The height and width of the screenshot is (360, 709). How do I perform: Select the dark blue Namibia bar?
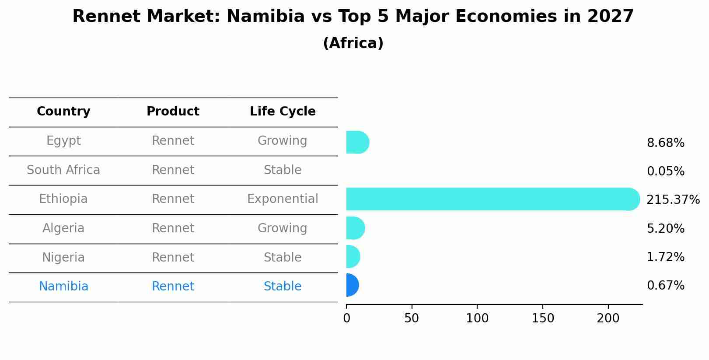click(352, 285)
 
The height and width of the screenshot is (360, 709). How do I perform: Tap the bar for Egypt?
click(357, 142)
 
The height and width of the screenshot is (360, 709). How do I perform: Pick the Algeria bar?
click(355, 228)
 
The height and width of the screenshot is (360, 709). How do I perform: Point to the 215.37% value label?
click(673, 200)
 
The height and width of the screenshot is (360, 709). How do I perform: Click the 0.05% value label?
click(665, 171)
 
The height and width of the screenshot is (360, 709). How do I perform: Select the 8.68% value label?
click(665, 143)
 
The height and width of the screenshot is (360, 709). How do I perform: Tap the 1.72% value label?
click(665, 257)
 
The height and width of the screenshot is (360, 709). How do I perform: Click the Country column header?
click(63, 112)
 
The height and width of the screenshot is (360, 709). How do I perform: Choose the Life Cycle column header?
click(283, 112)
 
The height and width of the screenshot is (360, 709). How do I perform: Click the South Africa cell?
click(63, 170)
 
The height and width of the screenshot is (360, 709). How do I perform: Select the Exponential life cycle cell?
click(283, 199)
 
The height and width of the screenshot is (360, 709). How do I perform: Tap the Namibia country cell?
click(63, 287)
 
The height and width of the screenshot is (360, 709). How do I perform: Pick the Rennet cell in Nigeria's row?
click(173, 258)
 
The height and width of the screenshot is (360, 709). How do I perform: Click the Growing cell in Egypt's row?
click(283, 141)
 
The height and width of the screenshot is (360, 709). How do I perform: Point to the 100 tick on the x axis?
click(477, 318)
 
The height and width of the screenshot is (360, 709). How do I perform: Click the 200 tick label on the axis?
click(608, 318)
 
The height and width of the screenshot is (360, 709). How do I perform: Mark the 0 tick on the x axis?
click(347, 318)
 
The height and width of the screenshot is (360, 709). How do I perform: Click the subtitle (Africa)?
click(353, 43)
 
